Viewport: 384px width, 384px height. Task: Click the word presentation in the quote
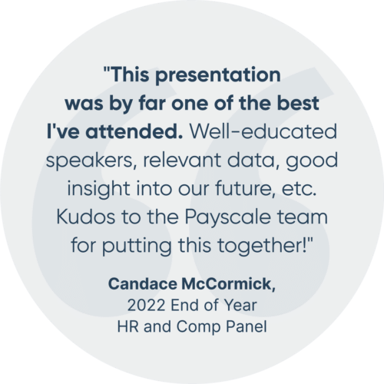point(218,76)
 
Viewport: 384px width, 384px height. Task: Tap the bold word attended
point(134,131)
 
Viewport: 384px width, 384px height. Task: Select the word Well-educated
point(263,131)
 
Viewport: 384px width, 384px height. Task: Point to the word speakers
point(89,161)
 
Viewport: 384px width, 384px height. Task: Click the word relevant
point(182,160)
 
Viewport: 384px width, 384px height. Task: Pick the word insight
point(98,190)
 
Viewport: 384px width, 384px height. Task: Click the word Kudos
point(85,217)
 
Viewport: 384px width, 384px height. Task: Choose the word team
point(303,217)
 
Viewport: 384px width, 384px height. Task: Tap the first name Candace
point(143,284)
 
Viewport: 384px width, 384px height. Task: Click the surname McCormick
point(228,284)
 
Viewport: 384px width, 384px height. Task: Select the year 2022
point(146,306)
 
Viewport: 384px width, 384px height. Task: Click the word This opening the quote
point(130,74)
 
